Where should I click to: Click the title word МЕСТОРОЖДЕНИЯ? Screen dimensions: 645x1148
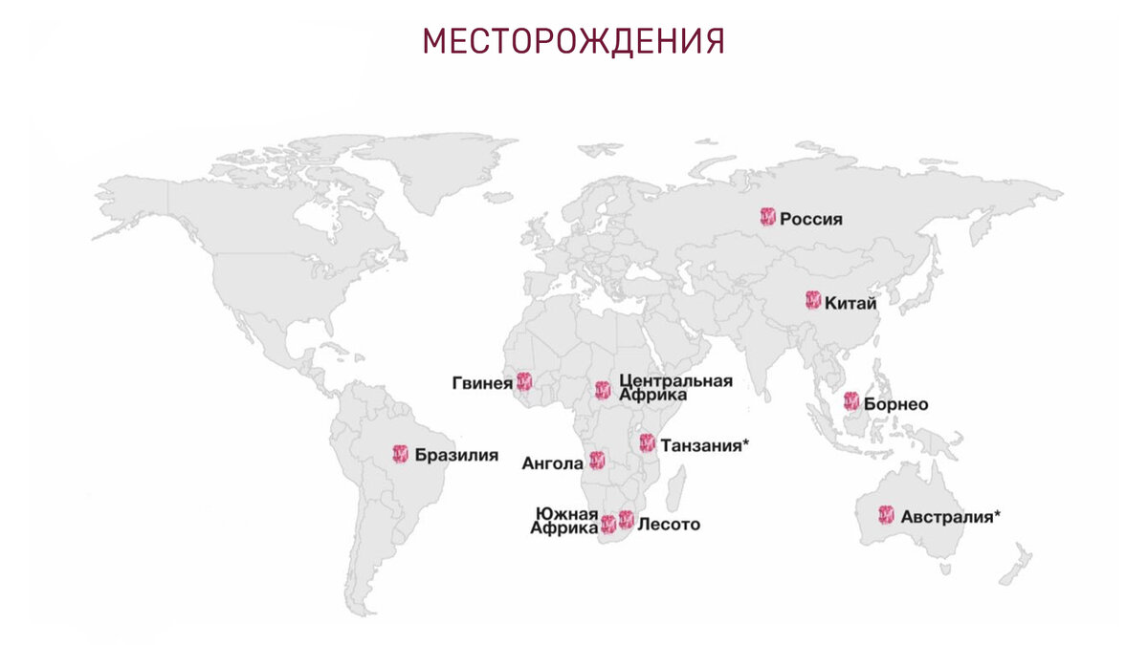coord(573,42)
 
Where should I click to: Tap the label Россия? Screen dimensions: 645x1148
coord(811,219)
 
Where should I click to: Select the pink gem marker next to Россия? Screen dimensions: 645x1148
coord(767,217)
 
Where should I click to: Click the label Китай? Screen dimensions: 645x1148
coord(850,303)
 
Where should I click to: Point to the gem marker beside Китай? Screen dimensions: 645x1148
coord(812,301)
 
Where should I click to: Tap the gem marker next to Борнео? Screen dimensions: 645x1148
coord(851,402)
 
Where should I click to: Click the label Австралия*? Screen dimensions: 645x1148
coord(951,517)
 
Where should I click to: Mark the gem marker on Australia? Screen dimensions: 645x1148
coord(886,516)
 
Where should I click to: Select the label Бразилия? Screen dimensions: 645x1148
coord(456,455)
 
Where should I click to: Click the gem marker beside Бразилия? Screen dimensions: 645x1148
coord(401,454)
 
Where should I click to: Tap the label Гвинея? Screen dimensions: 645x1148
coord(482,383)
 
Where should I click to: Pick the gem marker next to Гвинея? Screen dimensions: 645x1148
coord(523,381)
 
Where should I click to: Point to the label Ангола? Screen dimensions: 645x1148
coord(552,463)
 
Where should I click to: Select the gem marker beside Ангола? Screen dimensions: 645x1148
coord(597,461)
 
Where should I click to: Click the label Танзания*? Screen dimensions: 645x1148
coord(704,444)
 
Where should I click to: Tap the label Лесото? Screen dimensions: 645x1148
coord(669,524)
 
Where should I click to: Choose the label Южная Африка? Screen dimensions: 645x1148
coord(566,521)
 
